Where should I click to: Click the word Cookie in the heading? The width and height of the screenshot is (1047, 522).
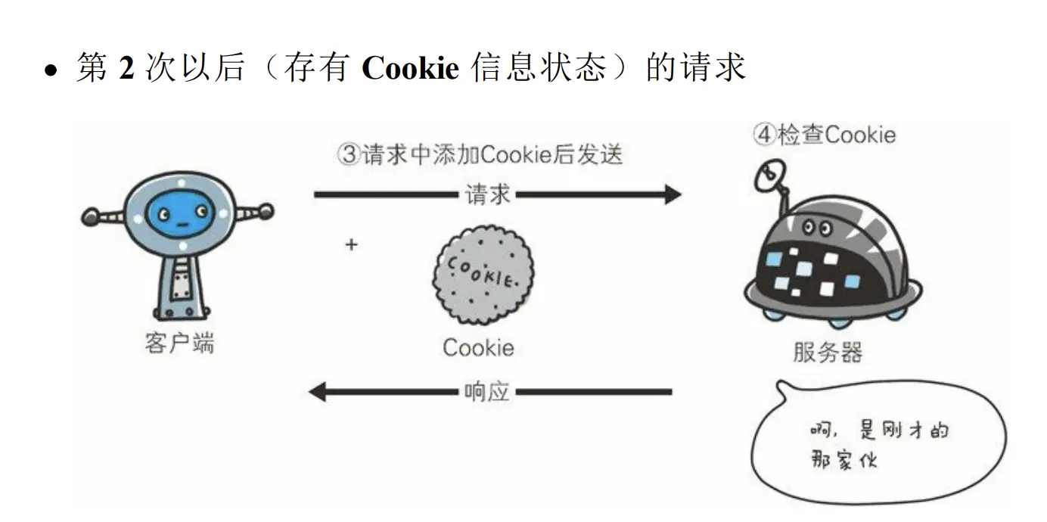[x=411, y=68]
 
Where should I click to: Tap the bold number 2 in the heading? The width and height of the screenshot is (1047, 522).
[x=126, y=68]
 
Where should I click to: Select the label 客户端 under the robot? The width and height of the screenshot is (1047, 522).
[x=179, y=343]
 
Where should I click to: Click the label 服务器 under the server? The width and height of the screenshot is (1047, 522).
[x=828, y=352]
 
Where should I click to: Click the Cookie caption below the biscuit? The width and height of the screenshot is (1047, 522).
[x=478, y=348]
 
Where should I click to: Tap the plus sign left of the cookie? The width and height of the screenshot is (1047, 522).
[x=351, y=245]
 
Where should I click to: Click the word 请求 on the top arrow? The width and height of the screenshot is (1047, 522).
[x=488, y=194]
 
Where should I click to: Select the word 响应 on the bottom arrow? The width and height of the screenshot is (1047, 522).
[x=486, y=392]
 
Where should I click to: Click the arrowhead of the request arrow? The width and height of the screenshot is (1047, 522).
[x=672, y=194]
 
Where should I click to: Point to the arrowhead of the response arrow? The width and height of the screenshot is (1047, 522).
[x=318, y=392]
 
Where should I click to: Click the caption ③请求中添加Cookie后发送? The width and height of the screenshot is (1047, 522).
[x=480, y=154]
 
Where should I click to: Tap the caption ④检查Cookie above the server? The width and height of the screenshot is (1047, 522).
[x=824, y=135]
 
